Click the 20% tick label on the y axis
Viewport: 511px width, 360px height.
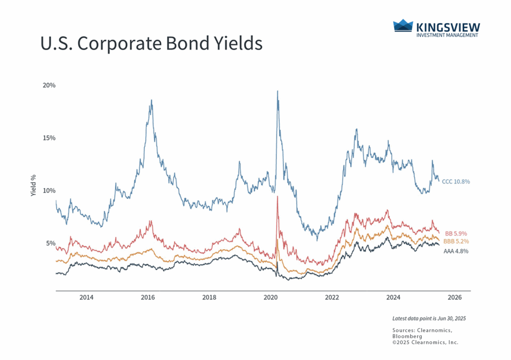click(x=48, y=85)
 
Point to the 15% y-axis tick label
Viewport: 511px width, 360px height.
click(x=48, y=138)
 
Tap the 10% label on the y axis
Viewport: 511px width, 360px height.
click(x=48, y=191)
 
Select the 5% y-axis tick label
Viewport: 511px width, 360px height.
click(x=51, y=243)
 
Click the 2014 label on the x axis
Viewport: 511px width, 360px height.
click(x=86, y=298)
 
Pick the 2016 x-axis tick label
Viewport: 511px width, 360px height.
click(x=148, y=298)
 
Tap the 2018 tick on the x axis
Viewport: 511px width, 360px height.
click(x=209, y=298)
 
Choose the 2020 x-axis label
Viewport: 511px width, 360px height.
click(x=270, y=298)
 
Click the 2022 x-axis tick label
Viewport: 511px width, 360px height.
click(x=332, y=298)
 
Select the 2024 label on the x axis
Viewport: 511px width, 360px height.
click(x=393, y=298)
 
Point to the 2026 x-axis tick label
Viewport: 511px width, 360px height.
click(x=455, y=298)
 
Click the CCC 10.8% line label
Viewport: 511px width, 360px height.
click(x=456, y=182)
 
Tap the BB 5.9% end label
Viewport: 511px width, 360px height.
click(x=456, y=234)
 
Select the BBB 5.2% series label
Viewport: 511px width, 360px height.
click(x=456, y=242)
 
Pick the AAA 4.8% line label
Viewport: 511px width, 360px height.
click(x=456, y=251)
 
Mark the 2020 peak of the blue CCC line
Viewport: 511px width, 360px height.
click(x=277, y=91)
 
